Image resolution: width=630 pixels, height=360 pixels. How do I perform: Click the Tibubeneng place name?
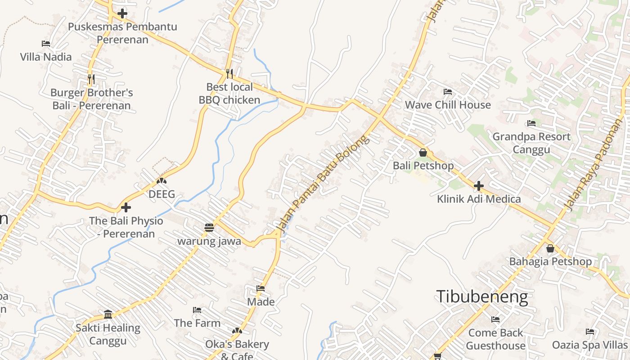click(x=482, y=297)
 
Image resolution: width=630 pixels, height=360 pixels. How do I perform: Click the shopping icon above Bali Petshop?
click(x=423, y=153)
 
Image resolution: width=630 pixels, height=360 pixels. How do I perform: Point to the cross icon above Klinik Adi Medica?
click(x=479, y=185)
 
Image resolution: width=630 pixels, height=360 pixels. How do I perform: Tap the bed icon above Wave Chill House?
click(x=448, y=92)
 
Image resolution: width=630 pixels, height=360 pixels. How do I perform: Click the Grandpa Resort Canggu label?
click(x=531, y=143)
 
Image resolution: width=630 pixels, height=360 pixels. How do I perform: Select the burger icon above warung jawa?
click(x=209, y=228)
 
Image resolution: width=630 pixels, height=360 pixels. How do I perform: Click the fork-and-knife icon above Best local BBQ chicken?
click(x=229, y=73)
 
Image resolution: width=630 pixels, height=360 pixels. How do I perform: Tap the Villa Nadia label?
click(x=46, y=57)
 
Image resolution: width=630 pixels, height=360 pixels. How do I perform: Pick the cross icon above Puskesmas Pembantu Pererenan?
click(x=122, y=13)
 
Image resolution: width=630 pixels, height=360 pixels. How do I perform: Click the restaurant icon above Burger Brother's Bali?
click(x=91, y=79)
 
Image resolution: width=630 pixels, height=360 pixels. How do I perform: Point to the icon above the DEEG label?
click(x=162, y=181)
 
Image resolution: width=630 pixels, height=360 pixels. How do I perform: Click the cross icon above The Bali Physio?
click(x=126, y=207)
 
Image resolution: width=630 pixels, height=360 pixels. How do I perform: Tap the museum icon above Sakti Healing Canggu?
click(x=108, y=314)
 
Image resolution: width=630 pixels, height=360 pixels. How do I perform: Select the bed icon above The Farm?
click(x=197, y=310)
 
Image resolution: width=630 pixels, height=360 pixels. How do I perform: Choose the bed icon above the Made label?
click(x=261, y=288)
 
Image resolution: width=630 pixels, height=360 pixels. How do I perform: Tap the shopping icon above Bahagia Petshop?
click(x=550, y=248)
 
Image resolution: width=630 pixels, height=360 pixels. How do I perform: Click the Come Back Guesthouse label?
click(x=495, y=339)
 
